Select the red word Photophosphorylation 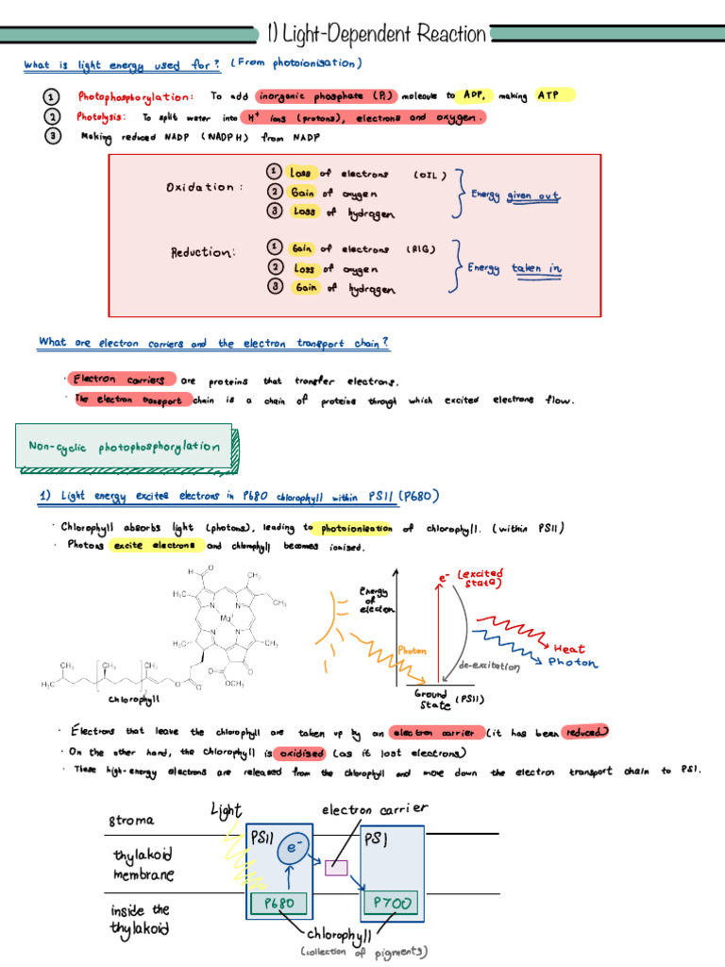136,96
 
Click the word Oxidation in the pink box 199,187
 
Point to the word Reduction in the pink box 202,252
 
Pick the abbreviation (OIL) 430,174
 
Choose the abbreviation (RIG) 420,249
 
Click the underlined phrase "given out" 533,196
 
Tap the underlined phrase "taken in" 537,268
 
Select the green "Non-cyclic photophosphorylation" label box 124,448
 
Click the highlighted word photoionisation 356,529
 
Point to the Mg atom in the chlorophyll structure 228,619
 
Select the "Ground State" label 430,699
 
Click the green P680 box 280,903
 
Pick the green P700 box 391,904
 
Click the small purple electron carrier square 336,868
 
